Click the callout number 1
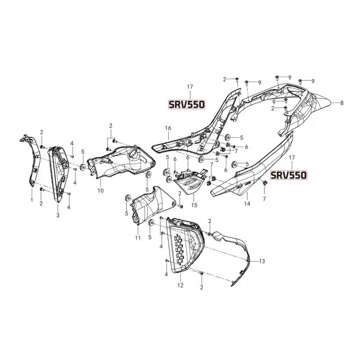(31, 200)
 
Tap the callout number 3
(58, 216)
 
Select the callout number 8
(342, 103)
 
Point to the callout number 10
(100, 190)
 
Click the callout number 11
(138, 238)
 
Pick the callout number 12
(180, 285)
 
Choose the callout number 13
(262, 261)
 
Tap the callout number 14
(247, 203)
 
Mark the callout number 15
(194, 205)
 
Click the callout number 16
(168, 128)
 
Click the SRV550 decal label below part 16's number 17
(186, 104)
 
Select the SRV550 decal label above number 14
(288, 175)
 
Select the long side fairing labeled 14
(252, 170)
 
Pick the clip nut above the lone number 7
(264, 183)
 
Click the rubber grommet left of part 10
(82, 167)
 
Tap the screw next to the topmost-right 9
(300, 81)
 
